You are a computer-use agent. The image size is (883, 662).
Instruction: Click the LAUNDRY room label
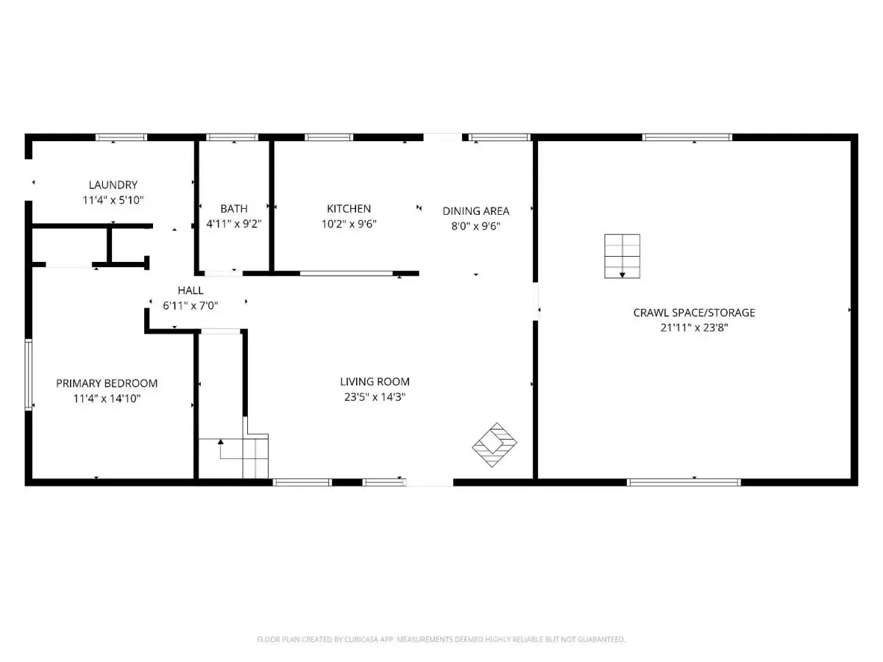click(x=113, y=185)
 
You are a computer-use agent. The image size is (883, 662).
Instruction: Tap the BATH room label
click(x=234, y=209)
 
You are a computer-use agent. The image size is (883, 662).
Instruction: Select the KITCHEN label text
click(x=349, y=209)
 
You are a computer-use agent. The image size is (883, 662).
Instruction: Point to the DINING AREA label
click(x=476, y=211)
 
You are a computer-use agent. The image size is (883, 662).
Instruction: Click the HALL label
click(x=191, y=291)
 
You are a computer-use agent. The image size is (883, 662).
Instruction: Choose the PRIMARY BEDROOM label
click(x=107, y=383)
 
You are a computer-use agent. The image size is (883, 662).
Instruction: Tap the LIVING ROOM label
click(x=375, y=382)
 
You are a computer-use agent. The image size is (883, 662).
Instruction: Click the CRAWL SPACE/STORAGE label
click(x=694, y=313)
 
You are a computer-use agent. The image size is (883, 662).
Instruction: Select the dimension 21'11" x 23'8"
click(x=694, y=327)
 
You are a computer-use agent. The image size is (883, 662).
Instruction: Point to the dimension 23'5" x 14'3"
click(x=375, y=397)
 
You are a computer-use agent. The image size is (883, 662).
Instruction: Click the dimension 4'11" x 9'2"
click(x=234, y=224)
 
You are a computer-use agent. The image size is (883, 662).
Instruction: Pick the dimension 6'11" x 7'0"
click(x=191, y=306)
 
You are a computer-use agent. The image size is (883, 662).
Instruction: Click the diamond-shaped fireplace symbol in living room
click(x=494, y=445)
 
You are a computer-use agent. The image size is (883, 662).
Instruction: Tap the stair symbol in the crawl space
click(x=623, y=256)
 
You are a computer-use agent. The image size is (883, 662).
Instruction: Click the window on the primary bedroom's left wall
click(x=29, y=375)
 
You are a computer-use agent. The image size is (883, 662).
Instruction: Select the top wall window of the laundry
click(x=121, y=137)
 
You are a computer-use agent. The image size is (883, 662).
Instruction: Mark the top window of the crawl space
click(x=687, y=137)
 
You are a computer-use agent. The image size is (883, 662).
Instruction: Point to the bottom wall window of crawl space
click(x=684, y=483)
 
